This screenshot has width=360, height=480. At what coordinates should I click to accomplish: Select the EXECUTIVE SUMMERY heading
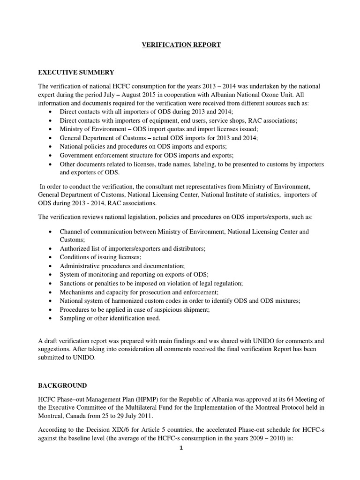coord(76,72)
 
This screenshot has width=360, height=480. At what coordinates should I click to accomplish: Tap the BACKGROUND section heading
coord(62,385)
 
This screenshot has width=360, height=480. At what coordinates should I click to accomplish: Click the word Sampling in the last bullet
coord(74,318)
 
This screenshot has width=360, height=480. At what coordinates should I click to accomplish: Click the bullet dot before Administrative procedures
coord(51,266)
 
